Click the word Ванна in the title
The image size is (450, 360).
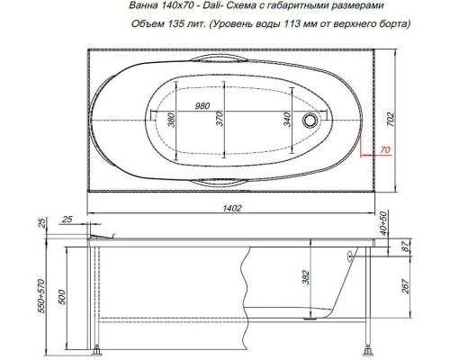(146, 8)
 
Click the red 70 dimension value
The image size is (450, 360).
(385, 149)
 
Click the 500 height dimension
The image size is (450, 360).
(61, 297)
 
